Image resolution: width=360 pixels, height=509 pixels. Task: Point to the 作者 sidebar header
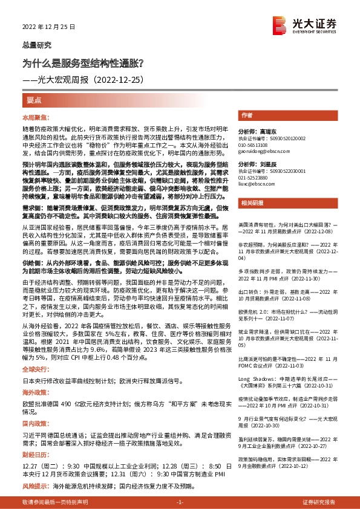click(246, 115)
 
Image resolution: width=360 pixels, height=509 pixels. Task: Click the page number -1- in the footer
click(179, 502)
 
